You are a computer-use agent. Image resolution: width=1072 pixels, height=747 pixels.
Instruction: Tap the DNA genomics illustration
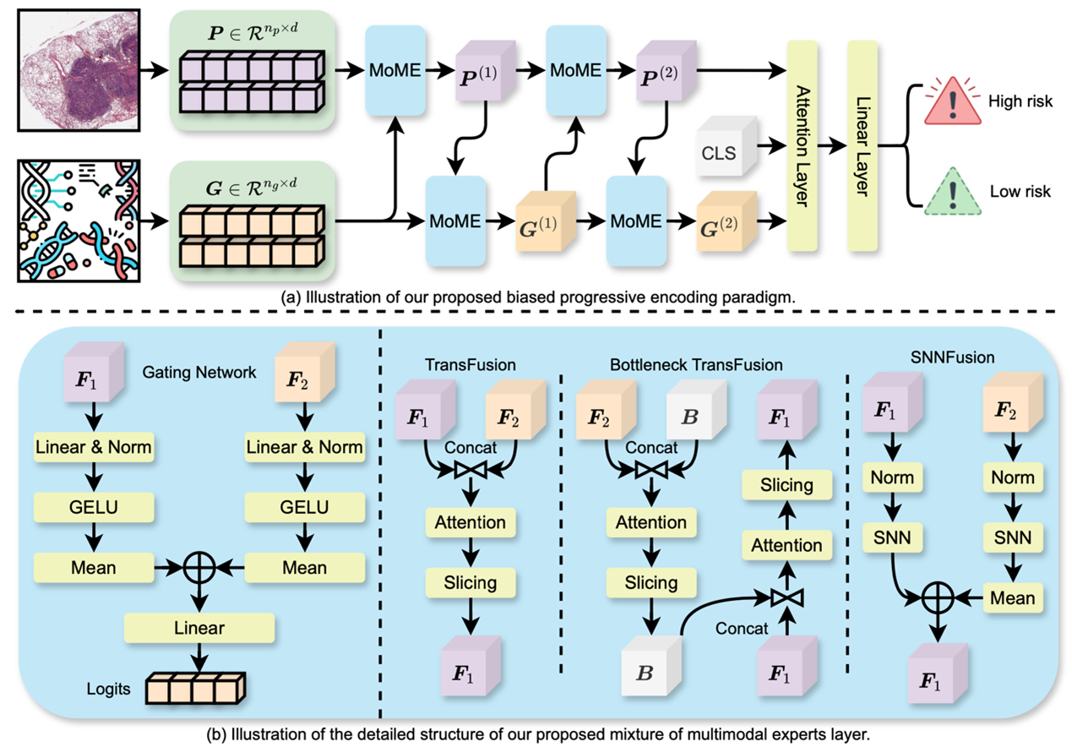click(x=77, y=221)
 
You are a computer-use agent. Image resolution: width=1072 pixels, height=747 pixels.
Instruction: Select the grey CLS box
click(x=719, y=155)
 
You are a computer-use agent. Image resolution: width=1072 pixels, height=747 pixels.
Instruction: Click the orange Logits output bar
click(x=195, y=689)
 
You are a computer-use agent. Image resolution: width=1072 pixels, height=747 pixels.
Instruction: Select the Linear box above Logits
click(x=199, y=628)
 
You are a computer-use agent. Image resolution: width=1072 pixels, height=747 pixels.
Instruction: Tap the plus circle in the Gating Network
click(x=199, y=568)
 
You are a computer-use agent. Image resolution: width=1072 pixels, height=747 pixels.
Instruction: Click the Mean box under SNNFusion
click(x=1013, y=598)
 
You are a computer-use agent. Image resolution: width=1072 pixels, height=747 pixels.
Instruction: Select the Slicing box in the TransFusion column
click(x=471, y=582)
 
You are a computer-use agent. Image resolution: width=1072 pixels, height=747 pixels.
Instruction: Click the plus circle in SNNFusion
click(x=938, y=598)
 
